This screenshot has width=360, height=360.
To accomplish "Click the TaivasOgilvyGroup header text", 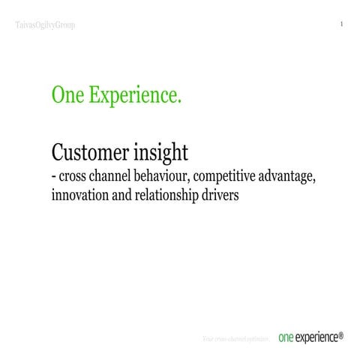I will coord(45,25).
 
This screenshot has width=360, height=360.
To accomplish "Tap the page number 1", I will coord(341,25).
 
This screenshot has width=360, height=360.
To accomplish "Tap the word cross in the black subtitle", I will coord(73,179).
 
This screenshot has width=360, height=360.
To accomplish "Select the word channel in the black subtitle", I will coord(111,178).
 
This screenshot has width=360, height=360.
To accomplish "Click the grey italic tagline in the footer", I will coord(235,340).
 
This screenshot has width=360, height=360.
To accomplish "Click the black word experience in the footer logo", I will coord(316,338).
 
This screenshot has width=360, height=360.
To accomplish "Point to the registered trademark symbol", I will coord(341,334).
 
